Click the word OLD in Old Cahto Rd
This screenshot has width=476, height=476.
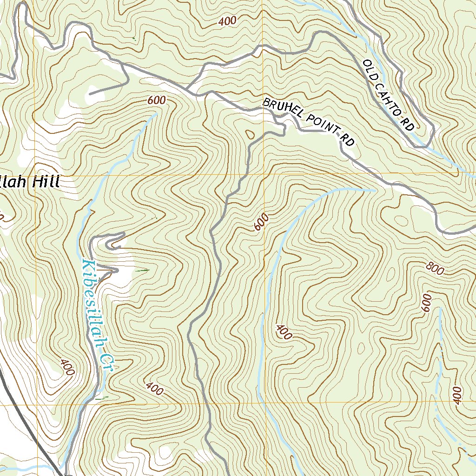[x=370, y=68]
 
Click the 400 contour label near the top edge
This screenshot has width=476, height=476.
[x=227, y=21]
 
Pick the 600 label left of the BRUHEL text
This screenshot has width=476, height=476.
[x=156, y=100]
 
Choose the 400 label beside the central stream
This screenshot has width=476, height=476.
[x=284, y=332]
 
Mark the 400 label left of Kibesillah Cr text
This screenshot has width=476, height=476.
[x=67, y=367]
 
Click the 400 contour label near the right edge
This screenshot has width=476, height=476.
[x=457, y=395]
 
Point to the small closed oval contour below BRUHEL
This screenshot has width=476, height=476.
[x=250, y=135]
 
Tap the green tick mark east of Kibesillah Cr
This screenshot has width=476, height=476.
[x=143, y=270]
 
